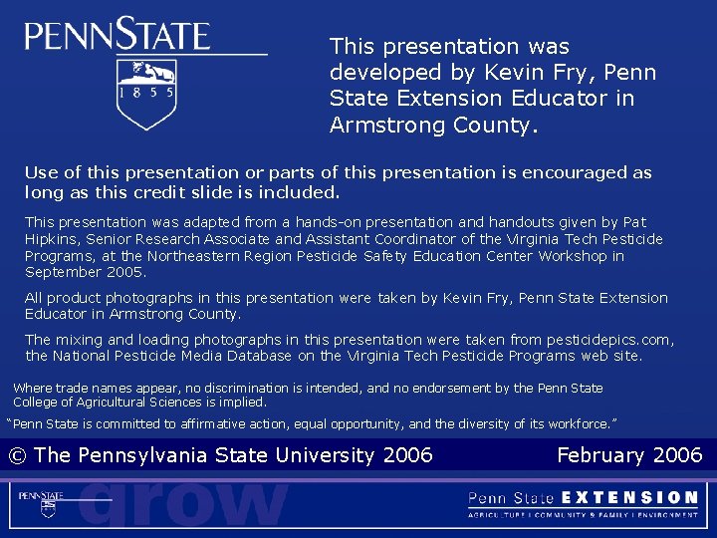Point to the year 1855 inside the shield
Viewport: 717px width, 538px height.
[x=146, y=91]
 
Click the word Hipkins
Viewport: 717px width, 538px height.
[x=52, y=239]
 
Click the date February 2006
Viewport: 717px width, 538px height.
[x=629, y=455]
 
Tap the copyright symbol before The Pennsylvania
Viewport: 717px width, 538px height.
[x=17, y=455]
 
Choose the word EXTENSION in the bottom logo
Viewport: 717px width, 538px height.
[x=630, y=497]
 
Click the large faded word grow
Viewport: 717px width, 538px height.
[x=183, y=503]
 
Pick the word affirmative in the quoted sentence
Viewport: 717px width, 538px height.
[x=221, y=423]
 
